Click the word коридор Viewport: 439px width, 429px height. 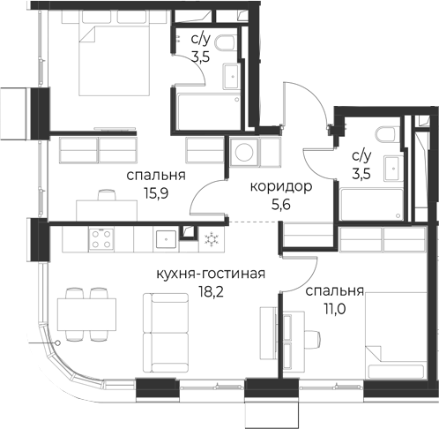pyautogui.click(x=281, y=187)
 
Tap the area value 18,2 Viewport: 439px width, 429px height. pyautogui.click(x=211, y=292)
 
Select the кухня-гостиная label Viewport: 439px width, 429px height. pyautogui.click(x=211, y=274)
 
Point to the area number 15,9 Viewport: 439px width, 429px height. pyautogui.click(x=156, y=193)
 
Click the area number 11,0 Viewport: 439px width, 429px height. pyautogui.click(x=334, y=309)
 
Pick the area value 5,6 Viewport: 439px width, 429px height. pyautogui.click(x=281, y=205)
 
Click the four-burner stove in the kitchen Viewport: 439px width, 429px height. pyautogui.click(x=101, y=239)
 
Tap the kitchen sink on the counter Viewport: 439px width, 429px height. pyautogui.click(x=167, y=239)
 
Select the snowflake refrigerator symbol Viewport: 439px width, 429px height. pyautogui.click(x=212, y=239)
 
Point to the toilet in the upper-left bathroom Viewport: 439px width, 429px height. pyautogui.click(x=225, y=42)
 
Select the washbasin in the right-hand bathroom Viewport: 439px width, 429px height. pyautogui.click(x=393, y=169)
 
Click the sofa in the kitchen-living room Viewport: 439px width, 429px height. pyautogui.click(x=166, y=333)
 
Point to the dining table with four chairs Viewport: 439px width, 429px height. pyautogui.click(x=86, y=314)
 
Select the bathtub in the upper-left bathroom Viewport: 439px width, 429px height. pyautogui.click(x=210, y=112)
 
